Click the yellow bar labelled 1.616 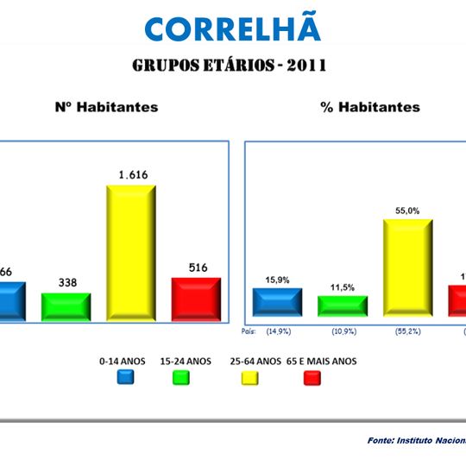point(130,252)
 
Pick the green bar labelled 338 point(66,305)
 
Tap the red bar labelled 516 point(196,299)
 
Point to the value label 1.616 point(131,175)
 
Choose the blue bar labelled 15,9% point(277,303)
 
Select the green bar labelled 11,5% point(343,306)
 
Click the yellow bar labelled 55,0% point(407,268)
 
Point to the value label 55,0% point(407,210)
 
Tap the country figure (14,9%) point(277,331)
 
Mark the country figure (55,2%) point(407,331)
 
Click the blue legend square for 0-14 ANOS point(126,376)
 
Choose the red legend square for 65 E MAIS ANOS point(312,376)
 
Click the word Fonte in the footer point(380,440)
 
